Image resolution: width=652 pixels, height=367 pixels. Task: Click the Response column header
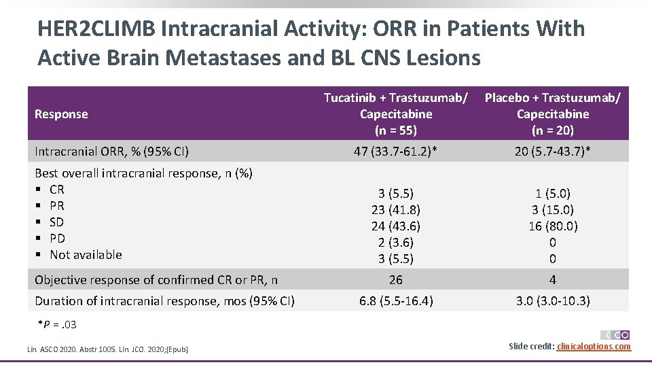[61, 114]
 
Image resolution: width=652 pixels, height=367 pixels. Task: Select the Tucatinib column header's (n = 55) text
[395, 130]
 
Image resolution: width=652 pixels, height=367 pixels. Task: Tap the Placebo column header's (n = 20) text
[552, 130]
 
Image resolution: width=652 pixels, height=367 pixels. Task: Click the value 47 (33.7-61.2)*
[395, 152]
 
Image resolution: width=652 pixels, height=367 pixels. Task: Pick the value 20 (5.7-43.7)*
[552, 152]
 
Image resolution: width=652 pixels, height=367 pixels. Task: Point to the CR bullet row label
[57, 190]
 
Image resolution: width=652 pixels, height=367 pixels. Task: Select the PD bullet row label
[57, 239]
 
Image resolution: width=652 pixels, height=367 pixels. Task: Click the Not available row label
[86, 255]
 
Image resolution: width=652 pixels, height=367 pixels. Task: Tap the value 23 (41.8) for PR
[395, 209]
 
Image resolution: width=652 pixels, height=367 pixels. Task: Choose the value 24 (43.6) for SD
[395, 226]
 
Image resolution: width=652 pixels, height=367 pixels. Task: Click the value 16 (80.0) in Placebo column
[552, 226]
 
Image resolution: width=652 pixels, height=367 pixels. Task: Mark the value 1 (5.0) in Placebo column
[552, 193]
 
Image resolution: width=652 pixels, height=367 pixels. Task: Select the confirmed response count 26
[395, 279]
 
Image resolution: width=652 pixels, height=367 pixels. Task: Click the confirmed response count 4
[552, 279]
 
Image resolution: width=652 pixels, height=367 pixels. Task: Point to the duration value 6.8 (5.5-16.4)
[395, 300]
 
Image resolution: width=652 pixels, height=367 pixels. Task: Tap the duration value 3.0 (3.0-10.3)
[552, 300]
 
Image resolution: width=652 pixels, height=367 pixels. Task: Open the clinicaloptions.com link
[593, 347]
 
